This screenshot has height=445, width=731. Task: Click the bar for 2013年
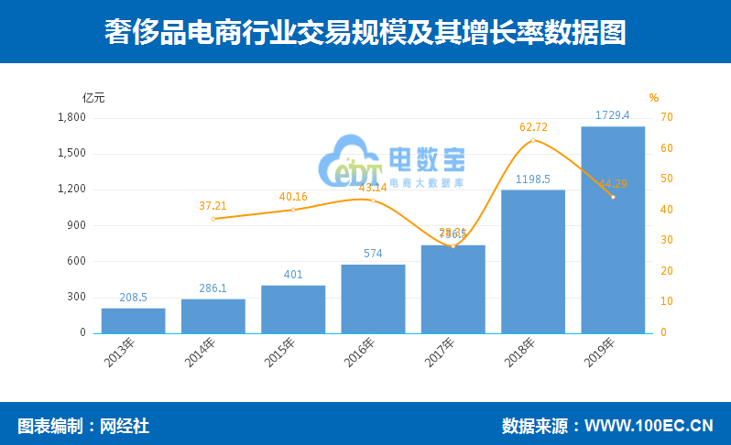tap(133, 320)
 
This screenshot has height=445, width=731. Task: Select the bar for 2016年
tap(373, 298)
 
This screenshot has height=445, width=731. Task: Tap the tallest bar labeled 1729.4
tap(613, 229)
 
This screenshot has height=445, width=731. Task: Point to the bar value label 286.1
tap(213, 288)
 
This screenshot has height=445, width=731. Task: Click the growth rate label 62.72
tap(533, 127)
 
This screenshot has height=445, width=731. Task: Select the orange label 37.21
tap(213, 206)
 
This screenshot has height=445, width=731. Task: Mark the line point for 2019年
tap(613, 197)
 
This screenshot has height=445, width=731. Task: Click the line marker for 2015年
tap(293, 210)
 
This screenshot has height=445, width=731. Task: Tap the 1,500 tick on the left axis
tap(71, 154)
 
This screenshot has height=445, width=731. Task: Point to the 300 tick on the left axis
tap(76, 298)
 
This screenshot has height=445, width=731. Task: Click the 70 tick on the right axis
tap(667, 117)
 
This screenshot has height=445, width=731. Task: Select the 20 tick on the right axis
tap(667, 271)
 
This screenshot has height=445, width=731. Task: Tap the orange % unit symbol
tap(654, 98)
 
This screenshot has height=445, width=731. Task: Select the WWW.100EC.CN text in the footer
tap(649, 426)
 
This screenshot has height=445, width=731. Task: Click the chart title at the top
tap(365, 32)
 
